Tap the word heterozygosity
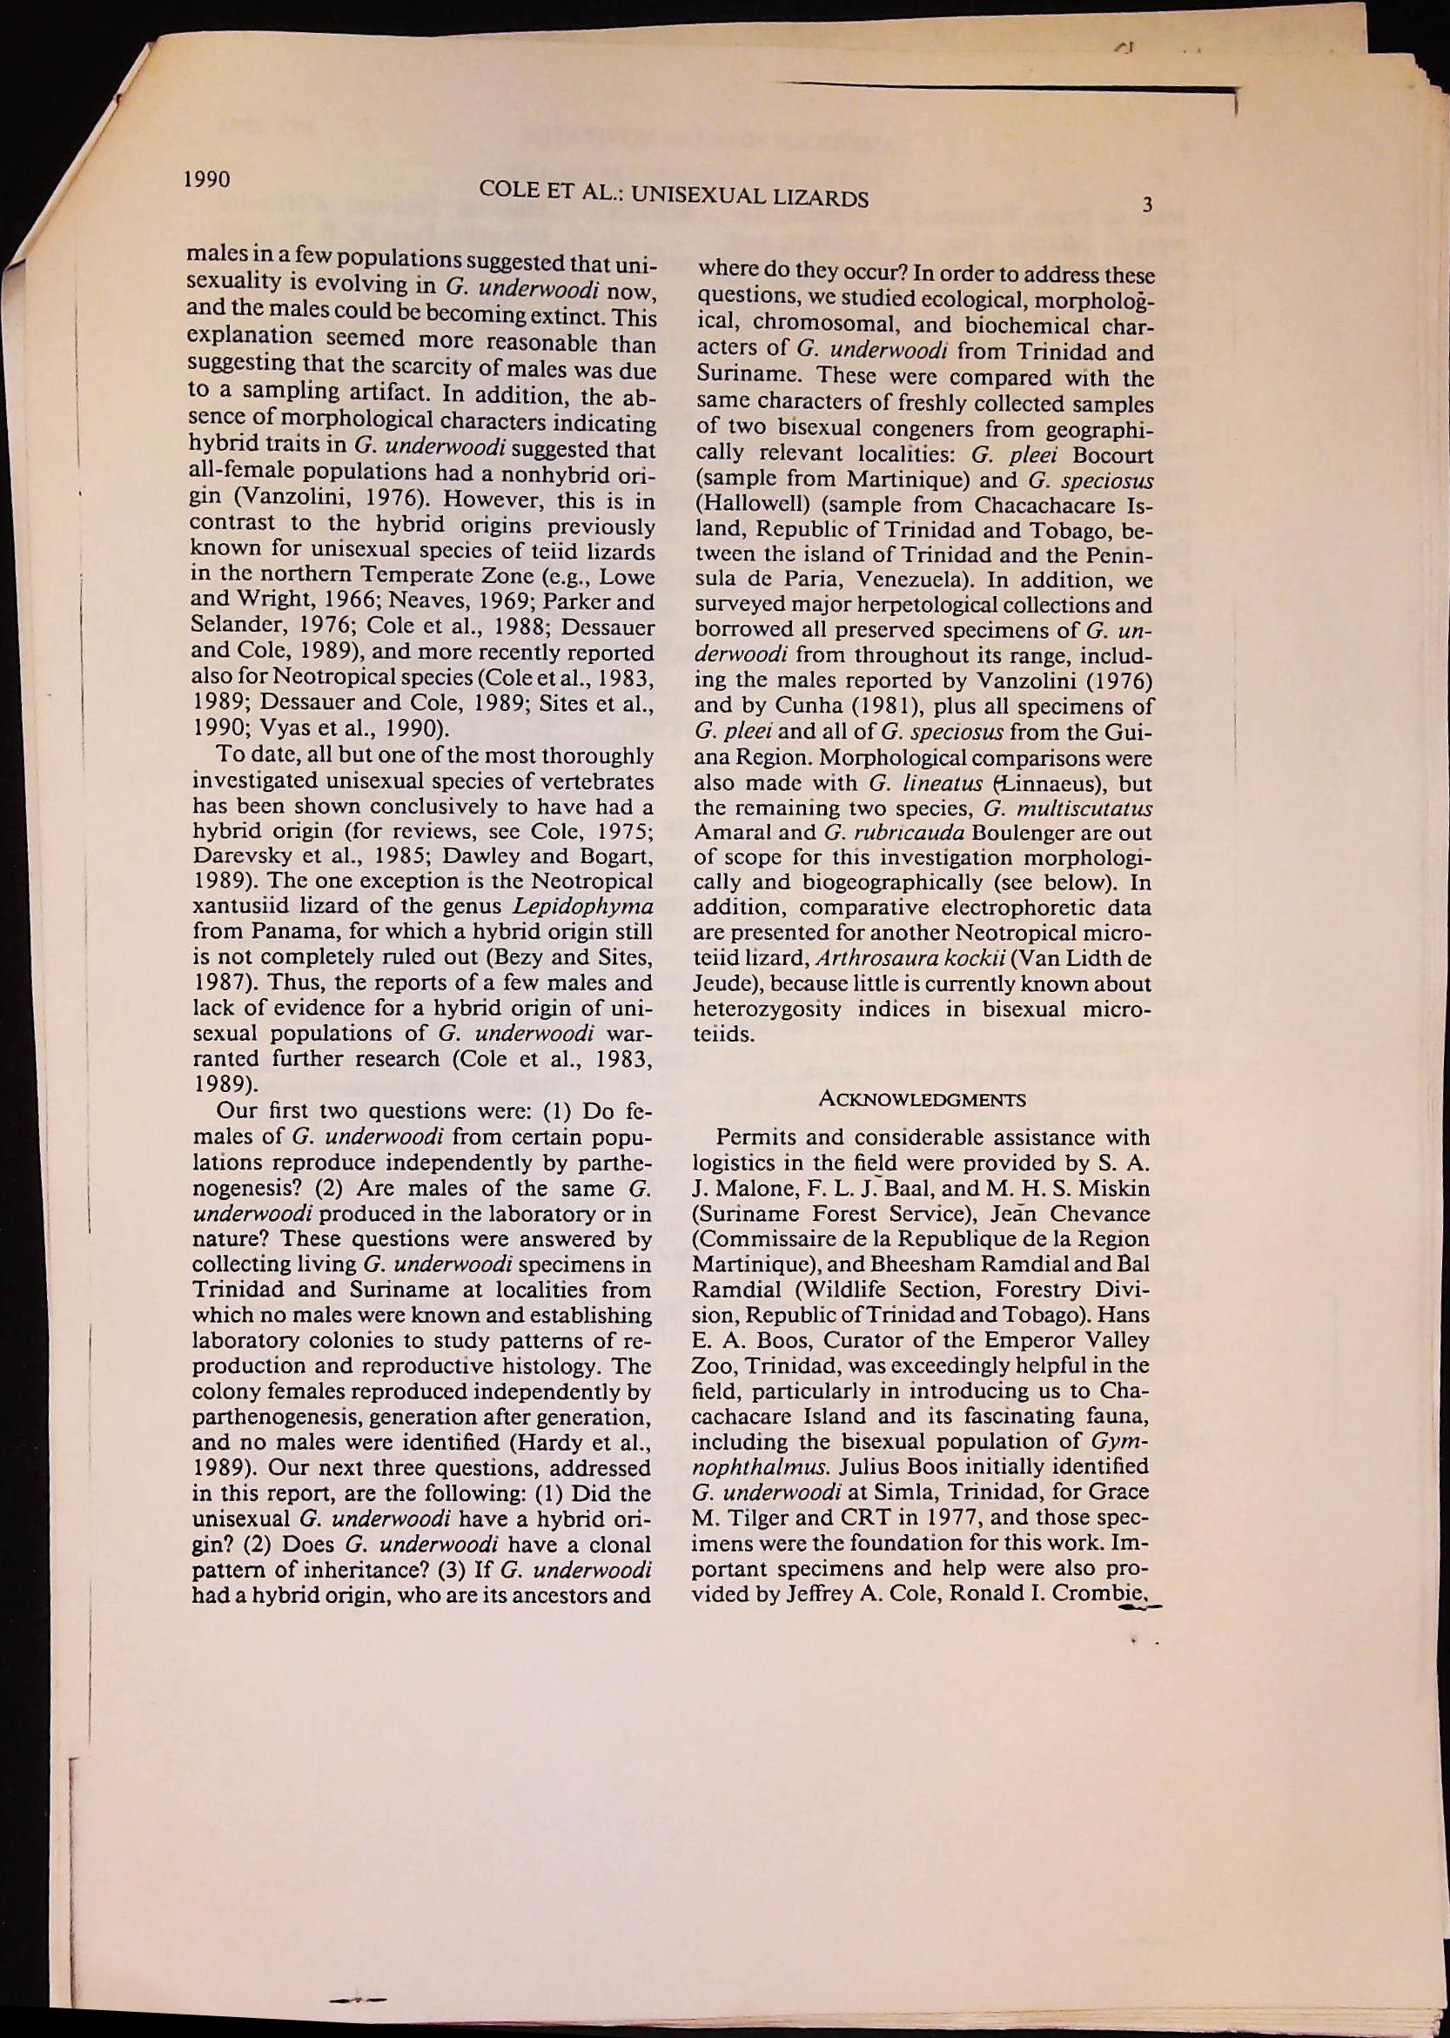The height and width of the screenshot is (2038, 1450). (x=767, y=1009)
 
